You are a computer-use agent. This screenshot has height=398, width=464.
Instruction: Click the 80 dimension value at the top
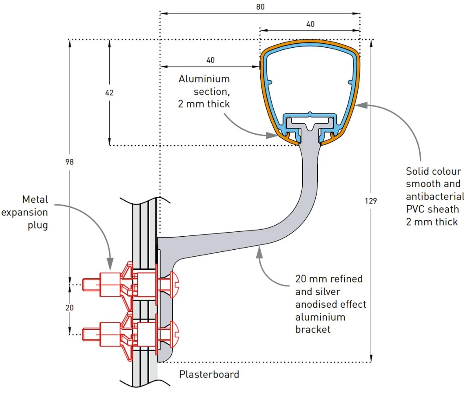260,7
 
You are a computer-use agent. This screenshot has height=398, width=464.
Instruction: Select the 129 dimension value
370,201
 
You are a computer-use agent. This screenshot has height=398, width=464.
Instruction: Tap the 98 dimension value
70,162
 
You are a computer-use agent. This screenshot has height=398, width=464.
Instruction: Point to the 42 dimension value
109,93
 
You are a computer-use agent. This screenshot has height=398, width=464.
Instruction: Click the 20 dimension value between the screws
70,308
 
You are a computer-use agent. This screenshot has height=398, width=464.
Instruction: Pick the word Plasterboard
209,374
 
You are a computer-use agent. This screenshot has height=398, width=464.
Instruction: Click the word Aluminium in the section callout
204,79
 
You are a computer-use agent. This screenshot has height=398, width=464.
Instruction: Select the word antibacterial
435,196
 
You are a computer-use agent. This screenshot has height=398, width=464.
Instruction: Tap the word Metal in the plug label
35,199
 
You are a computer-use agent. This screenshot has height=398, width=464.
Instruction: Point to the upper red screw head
174,285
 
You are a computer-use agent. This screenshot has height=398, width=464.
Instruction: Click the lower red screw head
174,334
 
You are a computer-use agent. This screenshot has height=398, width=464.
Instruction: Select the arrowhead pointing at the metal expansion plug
110,263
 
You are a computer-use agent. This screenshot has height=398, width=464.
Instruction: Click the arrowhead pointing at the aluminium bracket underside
259,252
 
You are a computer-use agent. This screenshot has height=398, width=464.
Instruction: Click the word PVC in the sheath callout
414,209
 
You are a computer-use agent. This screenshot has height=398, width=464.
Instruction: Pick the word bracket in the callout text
313,330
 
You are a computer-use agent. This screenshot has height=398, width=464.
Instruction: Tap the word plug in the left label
38,225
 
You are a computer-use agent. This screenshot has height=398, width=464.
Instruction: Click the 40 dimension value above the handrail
310,24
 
